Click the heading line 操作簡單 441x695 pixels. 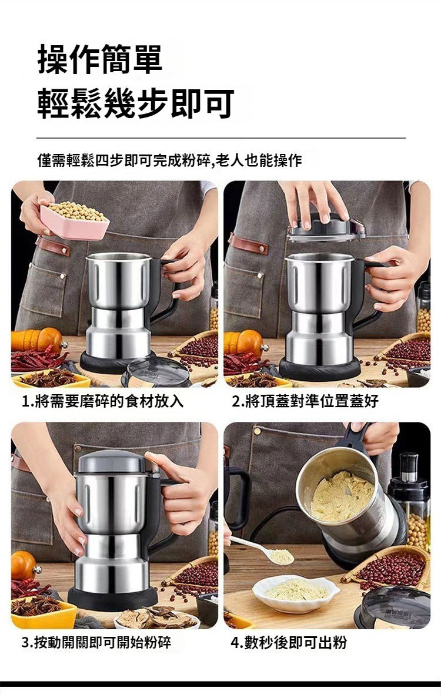(x=101, y=59)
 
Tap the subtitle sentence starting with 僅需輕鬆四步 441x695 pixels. (x=170, y=160)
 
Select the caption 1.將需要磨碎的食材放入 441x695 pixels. (x=102, y=401)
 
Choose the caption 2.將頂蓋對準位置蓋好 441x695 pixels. (x=305, y=401)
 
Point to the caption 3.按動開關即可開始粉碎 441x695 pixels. (x=96, y=642)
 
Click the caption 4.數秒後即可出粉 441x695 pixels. (x=289, y=642)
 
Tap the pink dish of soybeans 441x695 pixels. (x=75, y=220)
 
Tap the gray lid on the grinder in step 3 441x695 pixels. (x=113, y=462)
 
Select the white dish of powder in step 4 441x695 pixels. (x=296, y=593)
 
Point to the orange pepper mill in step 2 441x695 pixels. (x=244, y=342)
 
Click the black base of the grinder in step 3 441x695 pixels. (x=113, y=599)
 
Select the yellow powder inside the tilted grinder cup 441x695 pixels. (x=342, y=495)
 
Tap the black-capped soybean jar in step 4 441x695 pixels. (x=409, y=501)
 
